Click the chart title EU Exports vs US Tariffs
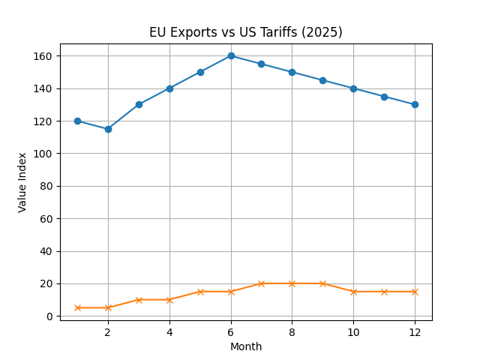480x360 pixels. pos(245,32)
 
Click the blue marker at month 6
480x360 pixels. pos(231,55)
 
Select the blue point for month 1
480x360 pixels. pos(77,121)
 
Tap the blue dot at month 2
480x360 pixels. pos(108,129)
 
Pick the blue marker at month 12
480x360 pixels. pos(415,104)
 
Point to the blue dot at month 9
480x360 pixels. pos(322,80)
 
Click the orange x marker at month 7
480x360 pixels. pos(261,283)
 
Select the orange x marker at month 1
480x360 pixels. pos(77,307)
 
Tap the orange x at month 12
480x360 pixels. pos(415,292)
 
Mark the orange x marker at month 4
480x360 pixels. pos(169,300)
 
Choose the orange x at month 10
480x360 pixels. pos(353,292)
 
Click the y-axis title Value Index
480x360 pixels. pos(22,182)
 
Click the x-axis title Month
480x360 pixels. pos(245,346)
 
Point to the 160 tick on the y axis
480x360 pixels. pos(43,56)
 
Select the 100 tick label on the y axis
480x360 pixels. pos(43,154)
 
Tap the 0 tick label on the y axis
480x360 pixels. pos(49,316)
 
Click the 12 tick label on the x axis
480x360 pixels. pos(415,331)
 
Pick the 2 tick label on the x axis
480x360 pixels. pos(108,331)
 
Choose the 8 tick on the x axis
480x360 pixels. pos(292,331)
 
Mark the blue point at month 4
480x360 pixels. pos(169,88)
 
